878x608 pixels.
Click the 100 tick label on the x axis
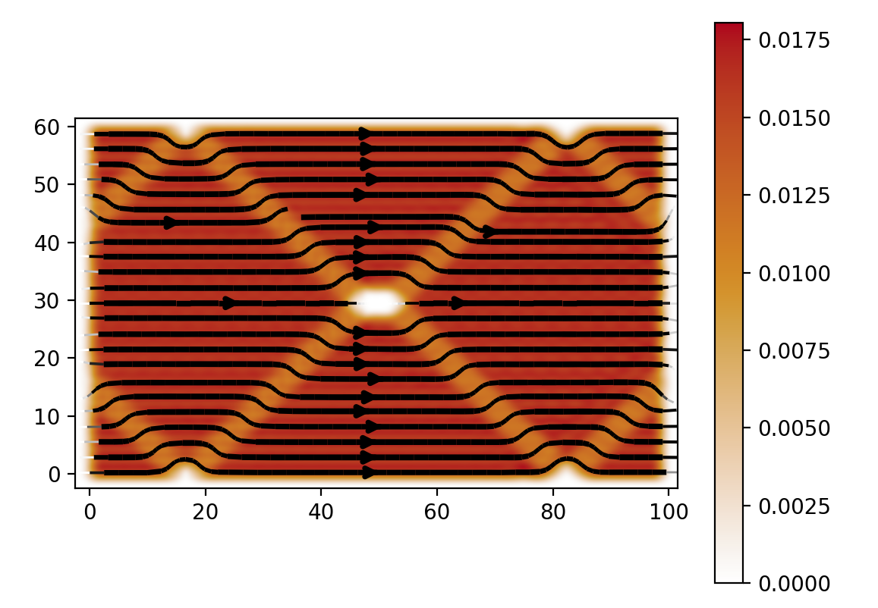click(x=669, y=513)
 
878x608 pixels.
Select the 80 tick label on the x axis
click(x=553, y=513)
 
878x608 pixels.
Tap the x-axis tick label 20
click(x=206, y=513)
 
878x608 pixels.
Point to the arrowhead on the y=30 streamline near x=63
click(x=457, y=303)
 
